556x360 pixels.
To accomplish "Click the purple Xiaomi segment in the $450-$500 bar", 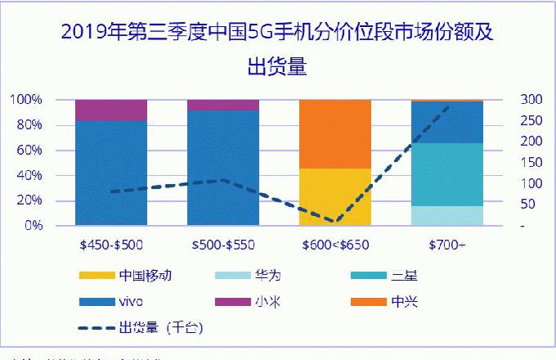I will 110,110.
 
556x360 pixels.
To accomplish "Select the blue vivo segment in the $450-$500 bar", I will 110,172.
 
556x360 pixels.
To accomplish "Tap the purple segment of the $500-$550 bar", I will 222,105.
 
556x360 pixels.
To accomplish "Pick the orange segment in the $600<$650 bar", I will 335,133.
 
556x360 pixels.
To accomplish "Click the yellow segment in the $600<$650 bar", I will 335,196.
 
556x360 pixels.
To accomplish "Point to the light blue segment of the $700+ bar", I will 447,215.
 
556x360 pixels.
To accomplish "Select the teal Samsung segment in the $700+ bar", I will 447,174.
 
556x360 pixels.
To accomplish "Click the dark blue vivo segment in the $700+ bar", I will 447,123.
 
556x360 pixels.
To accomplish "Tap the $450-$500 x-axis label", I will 110,244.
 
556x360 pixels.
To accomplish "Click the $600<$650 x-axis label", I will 335,244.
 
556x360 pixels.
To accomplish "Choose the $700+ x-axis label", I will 447,244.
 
